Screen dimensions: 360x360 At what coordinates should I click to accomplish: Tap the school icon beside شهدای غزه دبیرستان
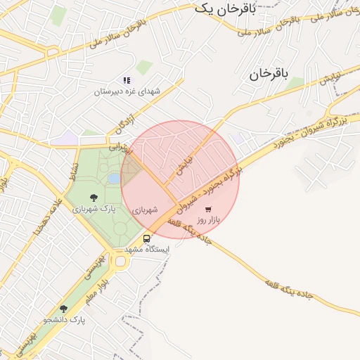[x=127, y=81]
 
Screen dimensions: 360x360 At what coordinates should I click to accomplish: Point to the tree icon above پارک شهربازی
[x=94, y=198]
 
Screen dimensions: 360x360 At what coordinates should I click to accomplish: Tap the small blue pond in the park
[x=114, y=179]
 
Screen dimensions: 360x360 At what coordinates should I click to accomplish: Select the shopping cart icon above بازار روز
[x=208, y=209]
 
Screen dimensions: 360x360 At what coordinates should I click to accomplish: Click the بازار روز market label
[x=208, y=220]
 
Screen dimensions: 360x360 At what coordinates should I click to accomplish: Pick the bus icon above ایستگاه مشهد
[x=146, y=238]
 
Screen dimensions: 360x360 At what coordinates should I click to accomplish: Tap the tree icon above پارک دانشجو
[x=63, y=309]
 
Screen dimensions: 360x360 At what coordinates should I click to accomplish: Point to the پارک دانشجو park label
[x=63, y=320]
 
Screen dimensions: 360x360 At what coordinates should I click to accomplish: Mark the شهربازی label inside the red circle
[x=145, y=210]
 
